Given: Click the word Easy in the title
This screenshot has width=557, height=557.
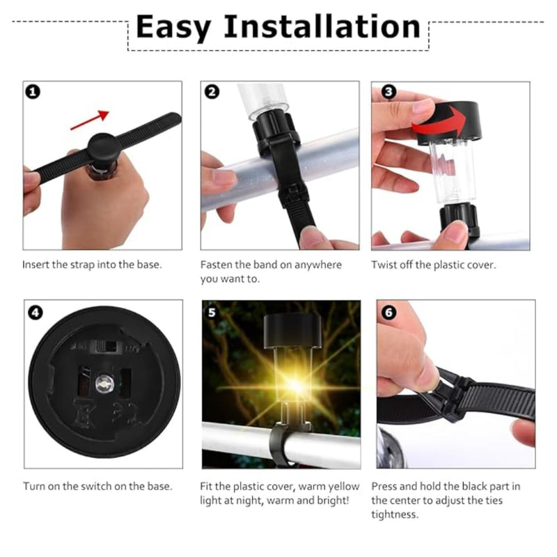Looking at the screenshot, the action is [x=173, y=28].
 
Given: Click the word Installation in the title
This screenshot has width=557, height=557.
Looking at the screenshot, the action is [x=322, y=26].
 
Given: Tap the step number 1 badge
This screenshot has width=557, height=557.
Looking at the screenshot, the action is [x=33, y=92].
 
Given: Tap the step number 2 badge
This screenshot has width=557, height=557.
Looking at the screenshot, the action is [x=212, y=92].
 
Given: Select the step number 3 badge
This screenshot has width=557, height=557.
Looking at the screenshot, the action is [x=389, y=92].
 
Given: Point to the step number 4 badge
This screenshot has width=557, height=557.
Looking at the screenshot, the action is [x=36, y=313].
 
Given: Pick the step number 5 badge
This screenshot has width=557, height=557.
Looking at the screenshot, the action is [x=212, y=313].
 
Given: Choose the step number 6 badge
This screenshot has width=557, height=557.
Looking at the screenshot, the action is [x=389, y=313].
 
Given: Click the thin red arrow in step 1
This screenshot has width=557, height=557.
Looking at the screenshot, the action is [x=90, y=120].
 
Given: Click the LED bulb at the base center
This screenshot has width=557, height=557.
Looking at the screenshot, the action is [x=104, y=384].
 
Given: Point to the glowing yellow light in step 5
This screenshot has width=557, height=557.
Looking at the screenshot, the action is [x=295, y=385].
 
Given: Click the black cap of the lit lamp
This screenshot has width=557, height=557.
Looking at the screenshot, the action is [x=292, y=330].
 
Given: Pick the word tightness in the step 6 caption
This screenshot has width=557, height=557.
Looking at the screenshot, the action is [x=395, y=515].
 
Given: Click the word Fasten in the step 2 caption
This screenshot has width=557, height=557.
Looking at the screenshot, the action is [x=216, y=265].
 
